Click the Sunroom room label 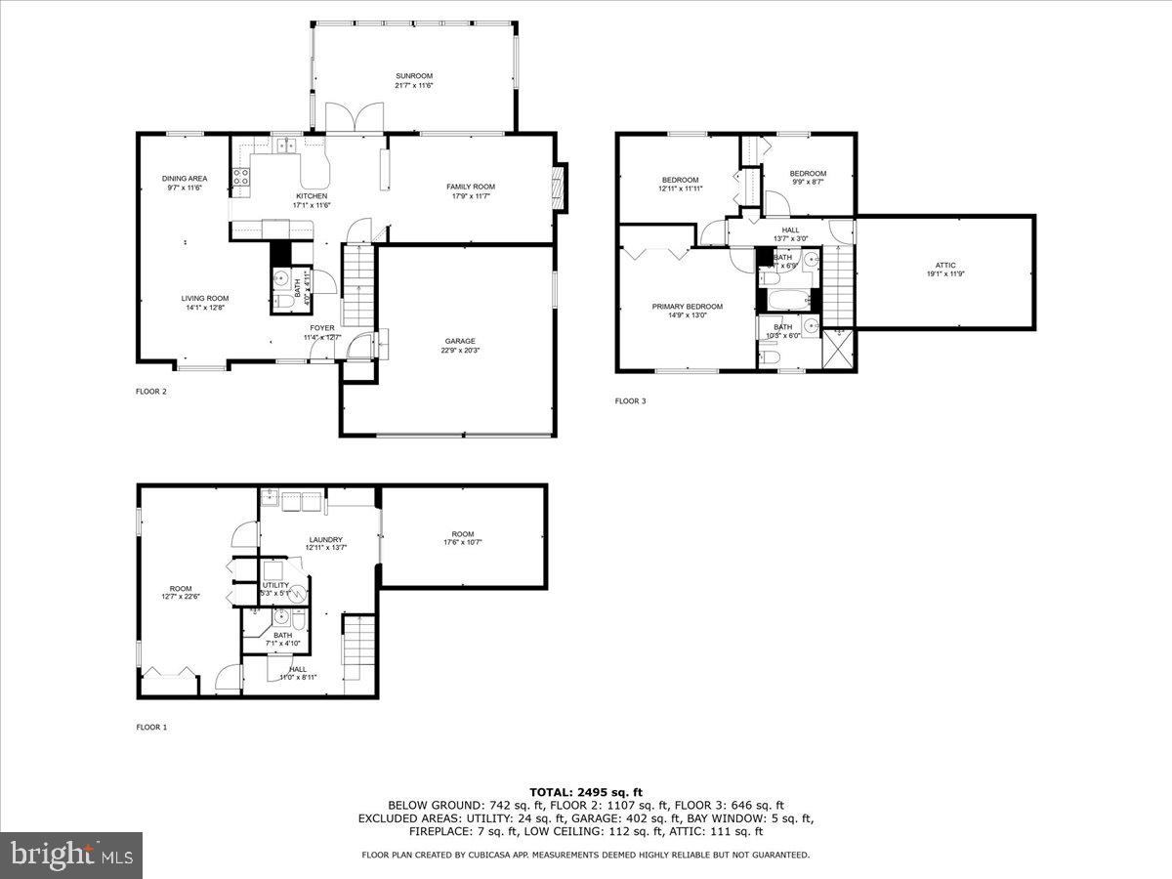coord(413,75)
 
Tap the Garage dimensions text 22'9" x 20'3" coord(460,351)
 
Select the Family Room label coord(471,187)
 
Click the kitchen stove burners coord(240,177)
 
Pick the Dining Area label coord(184,178)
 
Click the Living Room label coord(204,299)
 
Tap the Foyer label coord(322,328)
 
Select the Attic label coord(944,265)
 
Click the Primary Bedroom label coord(688,306)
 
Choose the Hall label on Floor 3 coord(790,230)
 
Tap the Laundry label coord(325,539)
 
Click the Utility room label coord(274,585)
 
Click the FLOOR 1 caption coord(151,727)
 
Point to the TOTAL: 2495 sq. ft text coord(585,792)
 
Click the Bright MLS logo coord(71,856)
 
